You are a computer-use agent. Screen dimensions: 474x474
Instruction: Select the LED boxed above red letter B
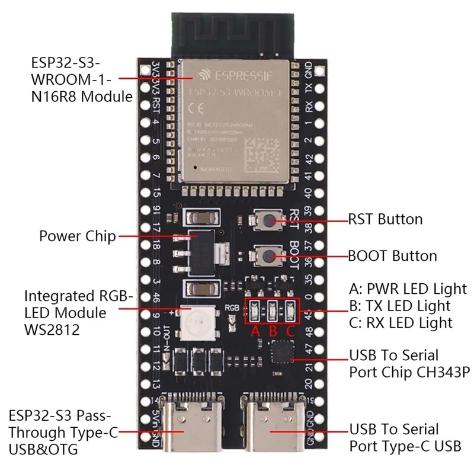coord(273,309)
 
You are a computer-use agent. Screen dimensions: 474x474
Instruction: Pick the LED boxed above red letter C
coord(290,309)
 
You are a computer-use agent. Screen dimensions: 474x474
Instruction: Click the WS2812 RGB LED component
coord(193,322)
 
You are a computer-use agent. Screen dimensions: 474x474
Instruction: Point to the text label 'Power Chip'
coord(77,236)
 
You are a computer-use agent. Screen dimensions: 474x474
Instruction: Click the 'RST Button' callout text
coord(385,219)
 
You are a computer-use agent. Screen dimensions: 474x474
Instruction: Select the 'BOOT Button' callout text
coord(392,256)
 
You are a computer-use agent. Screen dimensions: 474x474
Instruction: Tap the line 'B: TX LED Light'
coord(400,306)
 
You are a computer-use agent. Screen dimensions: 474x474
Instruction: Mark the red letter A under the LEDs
coord(256,331)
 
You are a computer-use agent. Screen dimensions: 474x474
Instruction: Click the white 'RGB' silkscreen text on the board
coord(231,308)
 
